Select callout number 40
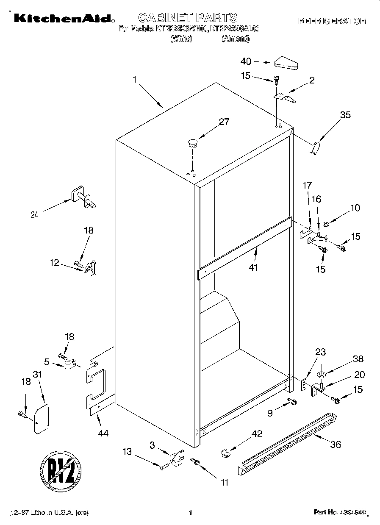pos(246,61)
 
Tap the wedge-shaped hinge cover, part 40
pos(286,62)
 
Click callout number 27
pos(224,122)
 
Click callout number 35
pos(345,114)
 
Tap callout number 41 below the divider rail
pos(253,267)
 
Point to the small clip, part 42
pos(225,453)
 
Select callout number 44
pos(103,433)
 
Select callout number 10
pos(355,208)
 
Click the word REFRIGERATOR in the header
pos(332,21)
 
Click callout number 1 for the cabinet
pos(134,79)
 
